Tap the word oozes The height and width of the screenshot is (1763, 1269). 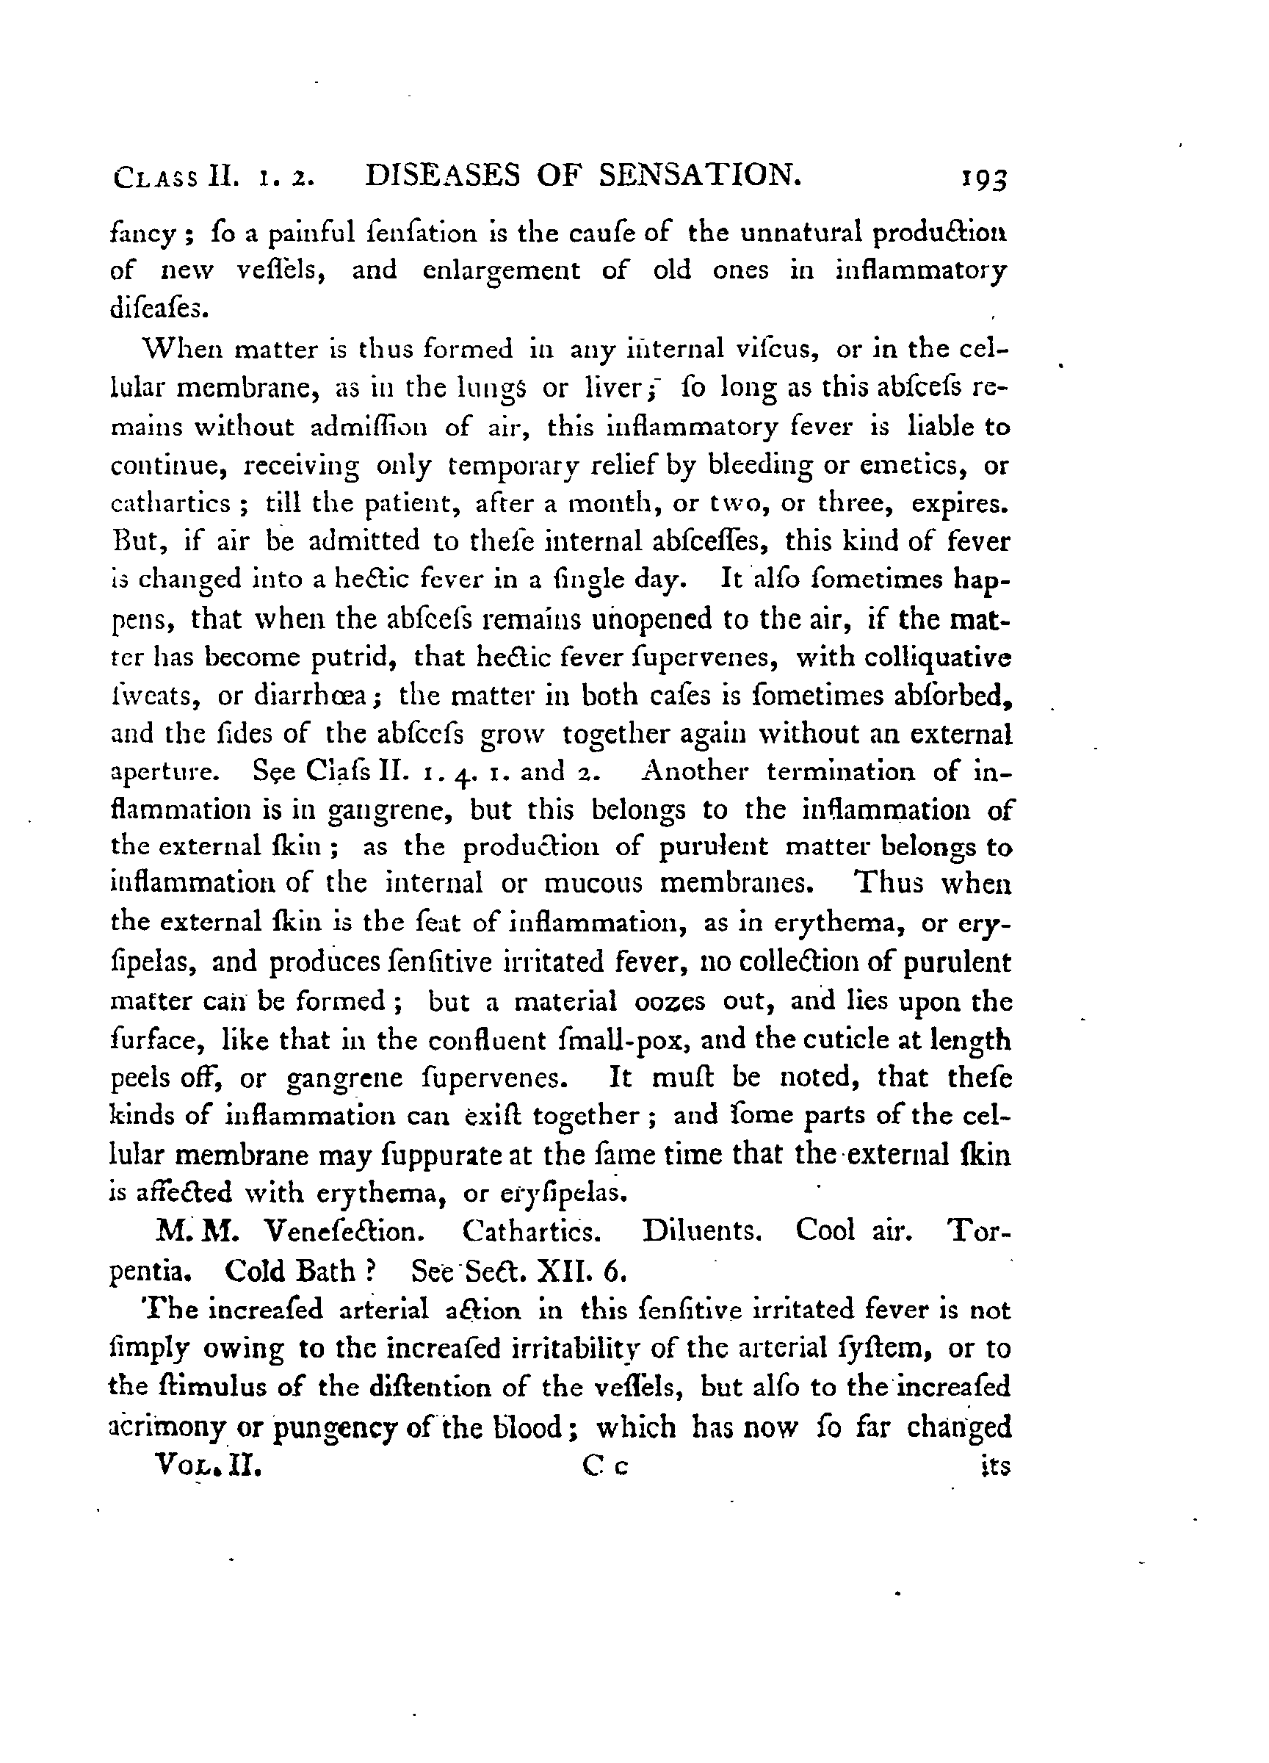point(669,1001)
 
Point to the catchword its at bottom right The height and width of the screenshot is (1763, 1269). point(994,1466)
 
